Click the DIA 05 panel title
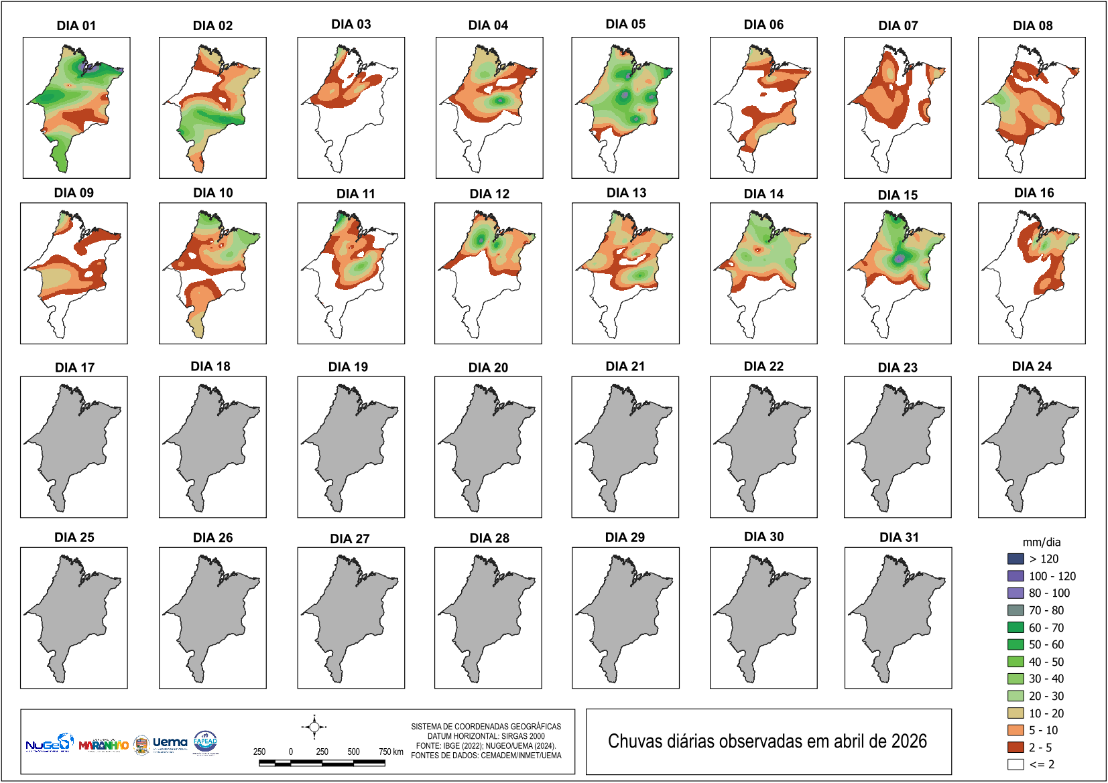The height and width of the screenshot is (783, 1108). [625, 24]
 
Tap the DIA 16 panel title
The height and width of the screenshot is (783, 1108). [1034, 193]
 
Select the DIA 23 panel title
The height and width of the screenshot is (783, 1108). [898, 367]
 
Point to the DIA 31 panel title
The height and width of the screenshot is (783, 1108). [899, 537]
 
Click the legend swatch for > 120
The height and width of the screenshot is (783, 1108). [1015, 559]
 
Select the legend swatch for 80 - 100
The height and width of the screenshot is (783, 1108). [1015, 593]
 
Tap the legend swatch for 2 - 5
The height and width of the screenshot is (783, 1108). [1015, 747]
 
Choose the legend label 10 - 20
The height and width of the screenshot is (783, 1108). [1046, 713]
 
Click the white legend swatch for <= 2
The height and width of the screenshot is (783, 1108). [1015, 764]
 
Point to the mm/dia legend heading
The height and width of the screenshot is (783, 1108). [1041, 542]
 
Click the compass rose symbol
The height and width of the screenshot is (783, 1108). [314, 727]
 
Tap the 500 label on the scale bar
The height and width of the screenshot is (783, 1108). [353, 752]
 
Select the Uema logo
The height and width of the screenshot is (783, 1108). [170, 743]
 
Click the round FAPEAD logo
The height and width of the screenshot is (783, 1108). [205, 741]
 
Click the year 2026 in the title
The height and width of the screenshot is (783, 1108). [909, 741]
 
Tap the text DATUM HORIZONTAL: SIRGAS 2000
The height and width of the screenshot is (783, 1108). [486, 735]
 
